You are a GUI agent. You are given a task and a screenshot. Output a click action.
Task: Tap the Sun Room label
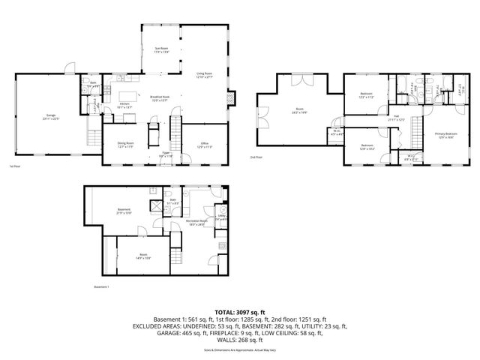point(161,50)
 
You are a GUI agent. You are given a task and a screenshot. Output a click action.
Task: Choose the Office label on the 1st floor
point(204,145)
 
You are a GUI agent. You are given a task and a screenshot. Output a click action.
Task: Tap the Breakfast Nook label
point(160,98)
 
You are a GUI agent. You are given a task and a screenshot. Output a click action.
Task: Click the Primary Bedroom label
point(445,135)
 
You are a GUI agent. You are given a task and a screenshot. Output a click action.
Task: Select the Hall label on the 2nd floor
point(396,118)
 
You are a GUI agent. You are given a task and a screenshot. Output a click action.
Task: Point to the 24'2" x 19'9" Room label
point(299,111)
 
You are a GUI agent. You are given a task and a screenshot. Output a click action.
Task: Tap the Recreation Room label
point(197,223)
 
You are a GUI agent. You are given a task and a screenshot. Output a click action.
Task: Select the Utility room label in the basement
point(222,217)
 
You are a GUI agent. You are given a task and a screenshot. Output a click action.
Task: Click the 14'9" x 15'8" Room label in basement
point(143,256)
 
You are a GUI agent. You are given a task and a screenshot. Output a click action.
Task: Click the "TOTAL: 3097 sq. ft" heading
point(240,311)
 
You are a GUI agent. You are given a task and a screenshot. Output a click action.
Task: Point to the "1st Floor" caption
point(13,166)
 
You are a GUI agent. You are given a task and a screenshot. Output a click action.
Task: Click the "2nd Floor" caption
point(256,157)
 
